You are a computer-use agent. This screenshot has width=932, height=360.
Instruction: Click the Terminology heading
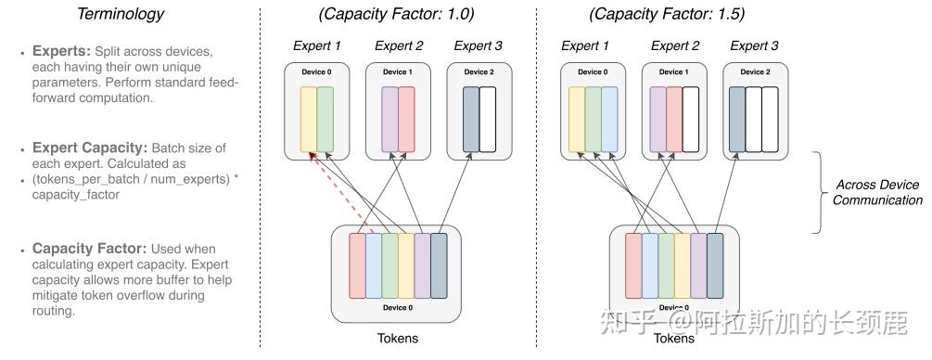[120, 13]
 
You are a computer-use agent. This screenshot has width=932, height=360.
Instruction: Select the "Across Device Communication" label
[877, 192]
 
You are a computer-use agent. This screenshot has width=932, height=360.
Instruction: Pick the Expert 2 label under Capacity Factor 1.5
[674, 45]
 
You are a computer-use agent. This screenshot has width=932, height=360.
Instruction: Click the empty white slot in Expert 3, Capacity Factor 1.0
[487, 120]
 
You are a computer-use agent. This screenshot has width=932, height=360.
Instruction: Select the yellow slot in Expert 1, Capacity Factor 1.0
[308, 120]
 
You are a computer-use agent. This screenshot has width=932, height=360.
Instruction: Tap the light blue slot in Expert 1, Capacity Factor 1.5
[608, 120]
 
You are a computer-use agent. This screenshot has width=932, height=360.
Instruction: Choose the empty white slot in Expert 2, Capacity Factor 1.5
[690, 120]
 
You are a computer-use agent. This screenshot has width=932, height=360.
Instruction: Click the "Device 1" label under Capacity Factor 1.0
[398, 72]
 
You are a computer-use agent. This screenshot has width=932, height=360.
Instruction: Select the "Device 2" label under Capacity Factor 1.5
[754, 72]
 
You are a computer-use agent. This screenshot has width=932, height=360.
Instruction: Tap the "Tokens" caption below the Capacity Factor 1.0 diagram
[397, 339]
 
